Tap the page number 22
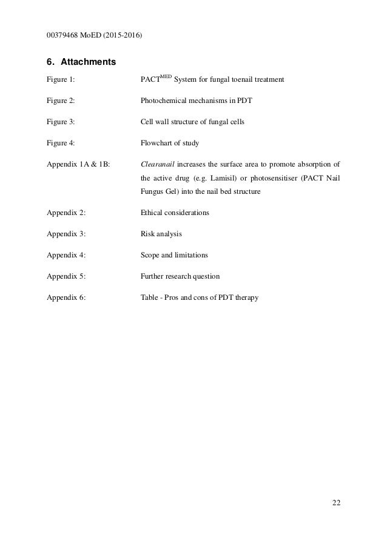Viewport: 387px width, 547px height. coord(336,502)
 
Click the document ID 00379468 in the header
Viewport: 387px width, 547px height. coord(65,35)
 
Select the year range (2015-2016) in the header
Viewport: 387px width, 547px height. coord(121,35)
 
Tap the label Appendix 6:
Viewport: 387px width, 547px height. coord(66,297)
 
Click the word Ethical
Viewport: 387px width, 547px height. coord(152,213)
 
